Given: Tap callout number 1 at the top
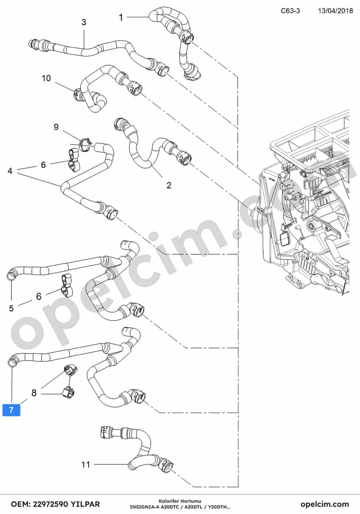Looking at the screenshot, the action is pos(121,17).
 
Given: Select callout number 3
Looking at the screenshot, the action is pos(84,22).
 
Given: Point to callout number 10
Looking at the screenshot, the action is pos(46,78).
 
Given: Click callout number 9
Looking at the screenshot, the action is pos(56,127).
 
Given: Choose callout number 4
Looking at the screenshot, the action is pos(10,171).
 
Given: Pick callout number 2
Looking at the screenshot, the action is pos(169,185).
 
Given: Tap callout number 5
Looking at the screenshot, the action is pos(11,308).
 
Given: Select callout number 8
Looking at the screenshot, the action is pos(34,393).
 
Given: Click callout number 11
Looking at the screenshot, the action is pos(86,465).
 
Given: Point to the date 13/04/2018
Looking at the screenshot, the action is pos(335,11).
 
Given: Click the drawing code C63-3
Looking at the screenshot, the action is pos(290,11).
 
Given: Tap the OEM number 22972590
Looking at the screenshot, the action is pos(50,504).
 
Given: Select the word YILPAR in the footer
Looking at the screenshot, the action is pos(85,504).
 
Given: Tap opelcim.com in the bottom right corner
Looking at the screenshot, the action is pos(325,504).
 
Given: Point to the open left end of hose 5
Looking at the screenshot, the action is pos(11,275).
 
